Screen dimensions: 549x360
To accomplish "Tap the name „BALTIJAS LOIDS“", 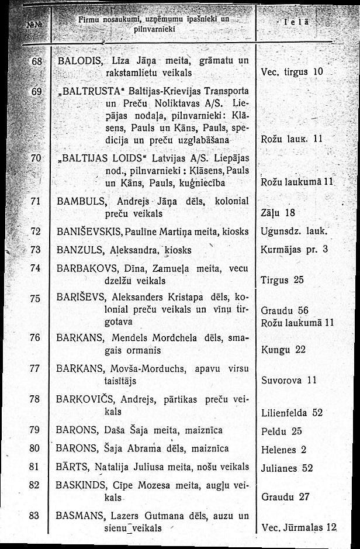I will (x=96, y=158).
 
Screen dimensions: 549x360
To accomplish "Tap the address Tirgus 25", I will (x=282, y=280).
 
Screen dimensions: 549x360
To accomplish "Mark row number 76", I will (x=34, y=337).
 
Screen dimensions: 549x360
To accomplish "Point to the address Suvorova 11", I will (x=289, y=380).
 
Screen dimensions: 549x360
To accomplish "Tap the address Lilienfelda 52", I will (x=292, y=412).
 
